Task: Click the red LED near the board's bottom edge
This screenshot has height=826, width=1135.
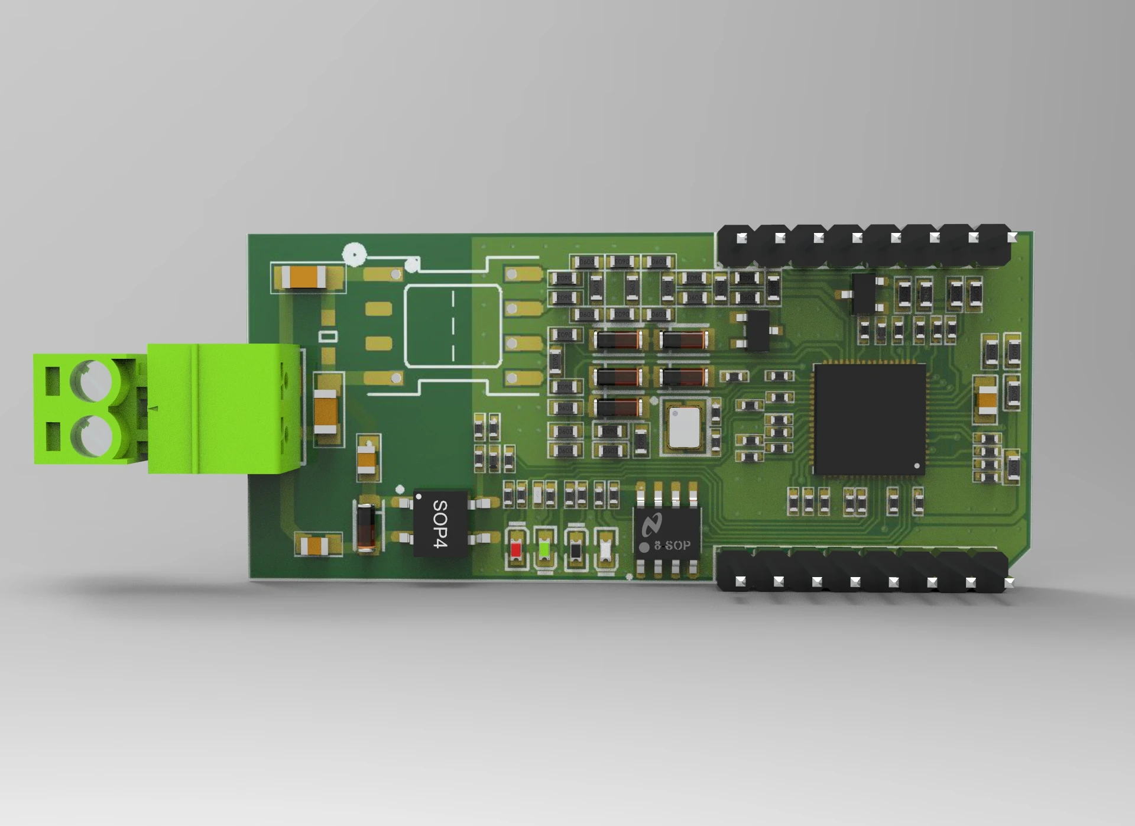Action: pos(515,550)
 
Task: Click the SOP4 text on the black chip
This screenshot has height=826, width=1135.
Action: pos(440,524)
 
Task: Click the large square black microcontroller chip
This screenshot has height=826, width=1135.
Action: pos(870,419)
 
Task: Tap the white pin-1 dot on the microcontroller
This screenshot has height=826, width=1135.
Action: pos(917,466)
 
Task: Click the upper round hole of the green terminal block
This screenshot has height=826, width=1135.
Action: pos(92,380)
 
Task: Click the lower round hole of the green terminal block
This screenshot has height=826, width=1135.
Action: pos(92,436)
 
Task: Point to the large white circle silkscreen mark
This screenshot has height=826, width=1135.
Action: pos(354,255)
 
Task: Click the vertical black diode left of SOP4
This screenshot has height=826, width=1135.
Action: pos(367,526)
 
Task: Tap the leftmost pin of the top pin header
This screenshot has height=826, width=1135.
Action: pos(741,238)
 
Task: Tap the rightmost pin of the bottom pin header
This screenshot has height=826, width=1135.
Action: pos(1008,582)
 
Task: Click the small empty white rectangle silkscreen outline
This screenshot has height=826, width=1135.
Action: pos(328,336)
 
